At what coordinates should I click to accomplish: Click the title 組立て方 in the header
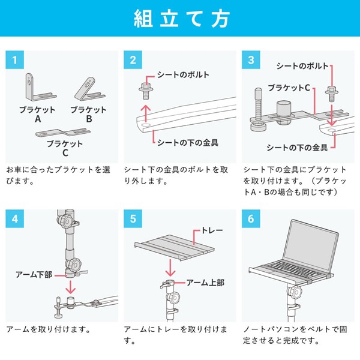click(x=180, y=19)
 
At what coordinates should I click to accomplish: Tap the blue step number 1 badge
click(x=14, y=61)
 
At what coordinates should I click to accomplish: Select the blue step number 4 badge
click(x=14, y=218)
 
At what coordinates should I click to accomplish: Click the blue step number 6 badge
click(x=251, y=218)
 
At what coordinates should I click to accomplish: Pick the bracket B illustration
click(x=88, y=89)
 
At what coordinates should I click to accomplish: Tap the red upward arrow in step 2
click(x=145, y=113)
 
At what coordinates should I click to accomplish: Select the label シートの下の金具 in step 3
click(x=298, y=147)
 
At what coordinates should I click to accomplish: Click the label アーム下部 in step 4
click(x=34, y=274)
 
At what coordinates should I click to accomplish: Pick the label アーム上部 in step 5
click(x=205, y=282)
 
